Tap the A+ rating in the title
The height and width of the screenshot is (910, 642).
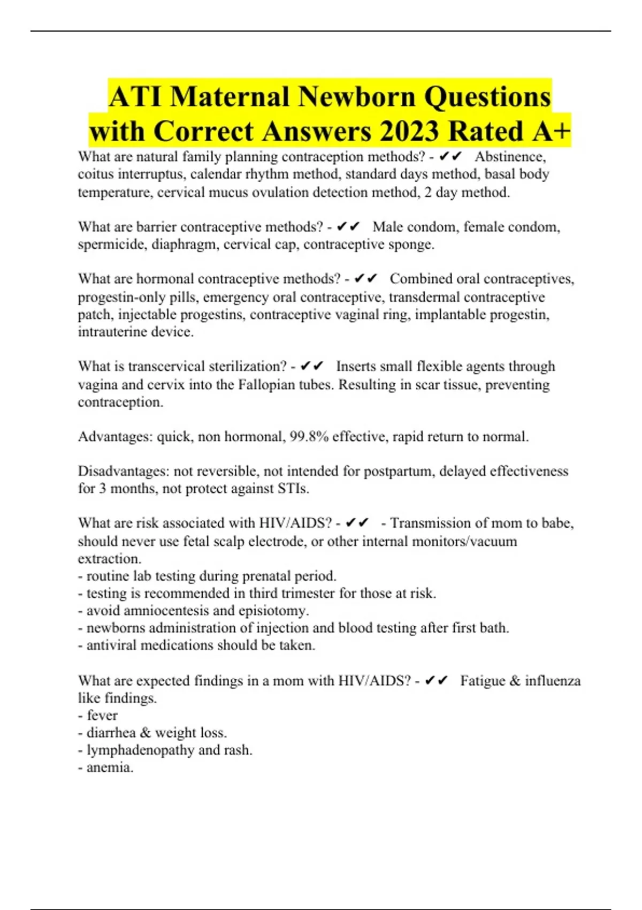coord(551,132)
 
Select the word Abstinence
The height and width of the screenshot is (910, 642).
coord(510,157)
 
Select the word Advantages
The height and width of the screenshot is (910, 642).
coord(115,437)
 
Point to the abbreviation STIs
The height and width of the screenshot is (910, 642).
coord(293,489)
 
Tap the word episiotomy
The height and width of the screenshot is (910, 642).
coord(273,611)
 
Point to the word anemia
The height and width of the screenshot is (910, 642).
coord(110,768)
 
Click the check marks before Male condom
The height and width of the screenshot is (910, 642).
coord(348,227)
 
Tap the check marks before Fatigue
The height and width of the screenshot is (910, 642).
coord(436,681)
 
